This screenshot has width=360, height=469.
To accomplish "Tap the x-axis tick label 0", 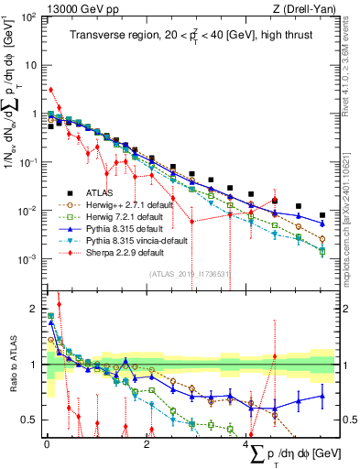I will [47, 442].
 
